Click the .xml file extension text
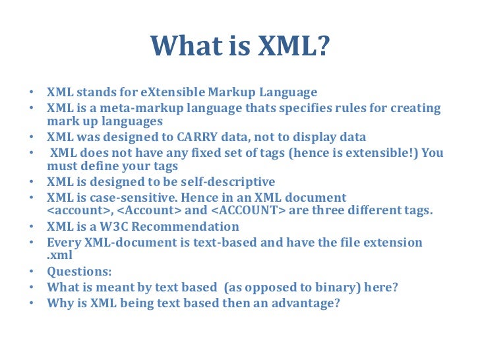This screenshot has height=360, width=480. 59,255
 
